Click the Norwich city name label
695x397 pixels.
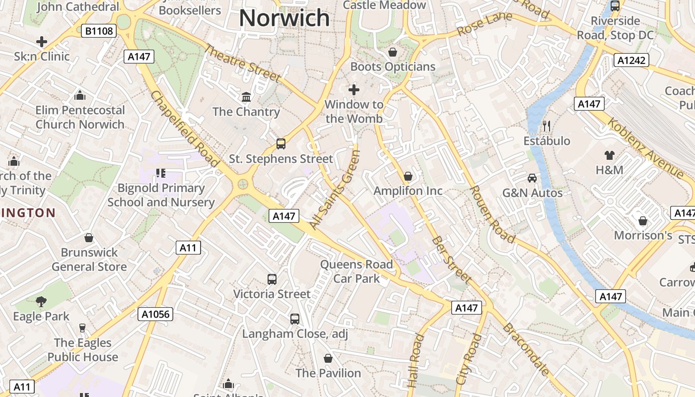pyautogui.click(x=284, y=18)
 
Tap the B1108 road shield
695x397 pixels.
pyautogui.click(x=99, y=31)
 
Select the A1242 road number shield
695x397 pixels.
pyautogui.click(x=631, y=61)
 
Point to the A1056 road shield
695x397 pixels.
pyautogui.click(x=155, y=314)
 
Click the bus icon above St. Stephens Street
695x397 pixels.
pyautogui.click(x=281, y=144)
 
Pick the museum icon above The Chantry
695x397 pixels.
pyautogui.click(x=246, y=96)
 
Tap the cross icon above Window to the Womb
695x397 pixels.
pyautogui.click(x=353, y=90)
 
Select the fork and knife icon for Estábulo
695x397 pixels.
pyautogui.click(x=547, y=126)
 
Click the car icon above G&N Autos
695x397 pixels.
pyautogui.click(x=532, y=178)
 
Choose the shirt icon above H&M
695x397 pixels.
pyautogui.click(x=609, y=155)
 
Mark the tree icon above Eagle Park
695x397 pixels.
pyautogui.click(x=41, y=301)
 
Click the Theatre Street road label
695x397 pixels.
pyautogui.click(x=243, y=63)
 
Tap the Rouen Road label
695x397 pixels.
pyautogui.click(x=492, y=214)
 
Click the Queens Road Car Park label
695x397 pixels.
pyautogui.click(x=356, y=271)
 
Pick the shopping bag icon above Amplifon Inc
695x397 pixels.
pyautogui.click(x=408, y=176)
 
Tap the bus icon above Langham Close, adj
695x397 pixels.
pyautogui.click(x=295, y=319)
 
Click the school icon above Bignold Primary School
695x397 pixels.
pyautogui.click(x=160, y=173)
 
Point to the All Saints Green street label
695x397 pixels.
pyautogui.click(x=334, y=190)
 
